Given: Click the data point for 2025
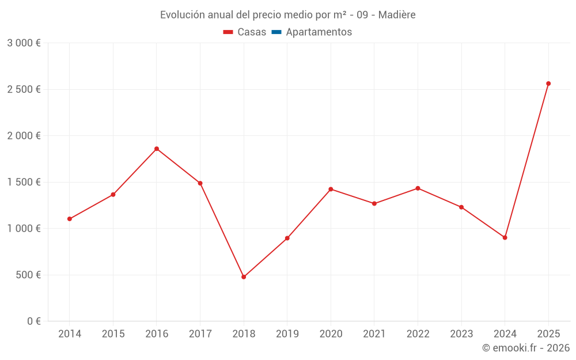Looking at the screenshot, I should pyautogui.click(x=548, y=84).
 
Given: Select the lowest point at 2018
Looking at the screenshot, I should pyautogui.click(x=244, y=277).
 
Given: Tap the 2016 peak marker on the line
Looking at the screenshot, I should pyautogui.click(x=157, y=149).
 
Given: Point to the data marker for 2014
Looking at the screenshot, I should pyautogui.click(x=70, y=219).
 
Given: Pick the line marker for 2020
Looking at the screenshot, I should pyautogui.click(x=331, y=189).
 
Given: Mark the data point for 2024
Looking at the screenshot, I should pyautogui.click(x=505, y=237).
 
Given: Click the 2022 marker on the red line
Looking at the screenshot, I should pyautogui.click(x=418, y=188).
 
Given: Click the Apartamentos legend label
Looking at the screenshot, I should pyautogui.click(x=319, y=32).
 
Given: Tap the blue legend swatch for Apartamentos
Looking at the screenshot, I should pyautogui.click(x=276, y=32).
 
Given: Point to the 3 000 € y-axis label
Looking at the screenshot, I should pyautogui.click(x=24, y=43).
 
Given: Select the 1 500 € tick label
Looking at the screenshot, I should pyautogui.click(x=24, y=182).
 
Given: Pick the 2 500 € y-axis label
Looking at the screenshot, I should pyautogui.click(x=24, y=89).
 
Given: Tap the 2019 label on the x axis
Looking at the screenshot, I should pyautogui.click(x=287, y=334).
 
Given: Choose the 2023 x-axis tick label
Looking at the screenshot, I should pyautogui.click(x=461, y=334).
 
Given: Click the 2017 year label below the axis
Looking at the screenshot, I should pyautogui.click(x=200, y=334).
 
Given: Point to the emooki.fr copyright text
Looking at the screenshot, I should pyautogui.click(x=526, y=348).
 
